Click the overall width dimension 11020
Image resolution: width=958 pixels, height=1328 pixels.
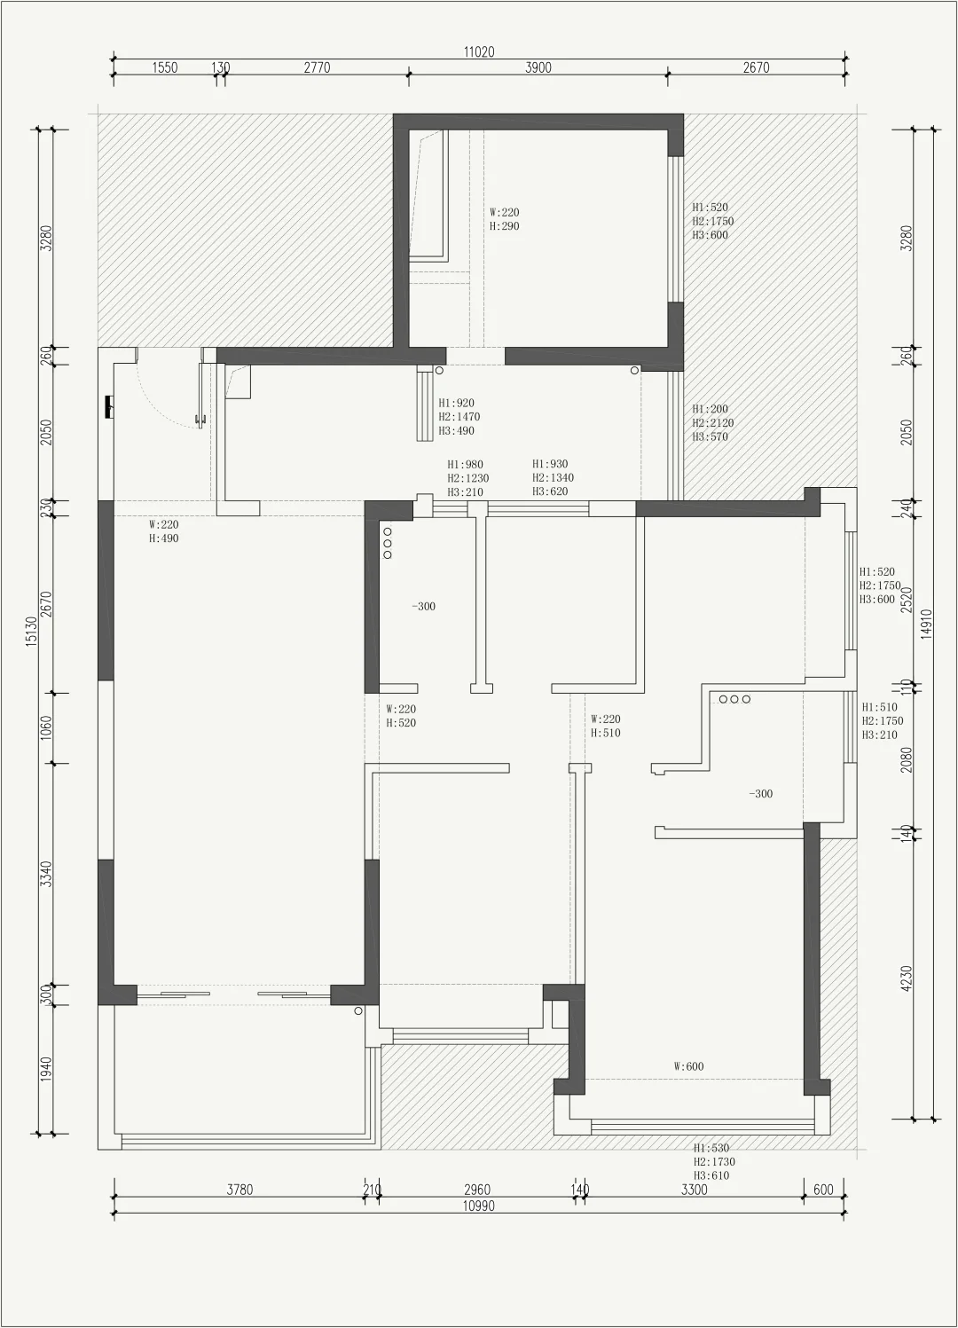pos(479,51)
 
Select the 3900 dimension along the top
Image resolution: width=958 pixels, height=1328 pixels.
pos(538,67)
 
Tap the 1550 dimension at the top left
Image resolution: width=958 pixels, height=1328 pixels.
pos(165,67)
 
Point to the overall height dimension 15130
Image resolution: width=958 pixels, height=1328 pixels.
pos(31,631)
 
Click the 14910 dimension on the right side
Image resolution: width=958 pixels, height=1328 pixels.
pos(927,625)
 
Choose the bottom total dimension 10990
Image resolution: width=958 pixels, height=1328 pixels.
pos(478,1206)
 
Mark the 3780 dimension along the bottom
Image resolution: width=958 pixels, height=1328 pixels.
pos(239,1190)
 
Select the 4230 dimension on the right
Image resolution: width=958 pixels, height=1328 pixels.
pos(907,978)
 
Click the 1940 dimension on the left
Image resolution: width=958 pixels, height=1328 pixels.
pos(46,1069)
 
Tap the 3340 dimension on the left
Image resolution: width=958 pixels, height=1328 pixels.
pos(46,874)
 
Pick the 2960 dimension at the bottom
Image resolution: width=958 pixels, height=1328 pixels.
pos(477,1190)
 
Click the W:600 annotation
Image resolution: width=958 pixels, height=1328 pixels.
pos(689,1066)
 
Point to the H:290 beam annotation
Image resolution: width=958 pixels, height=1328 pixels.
pos(505,226)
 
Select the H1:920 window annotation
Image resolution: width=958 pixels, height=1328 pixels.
pos(457,403)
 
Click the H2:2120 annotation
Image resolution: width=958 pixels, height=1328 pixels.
pos(713,423)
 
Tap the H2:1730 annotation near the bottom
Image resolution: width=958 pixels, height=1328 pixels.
pos(714,1161)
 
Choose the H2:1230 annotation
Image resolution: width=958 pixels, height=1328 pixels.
pos(468,478)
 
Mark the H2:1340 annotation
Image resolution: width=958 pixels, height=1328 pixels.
pos(554,477)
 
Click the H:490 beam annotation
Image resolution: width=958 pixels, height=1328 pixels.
pos(163,538)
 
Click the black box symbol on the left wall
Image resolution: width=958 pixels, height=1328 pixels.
pos(109,406)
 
